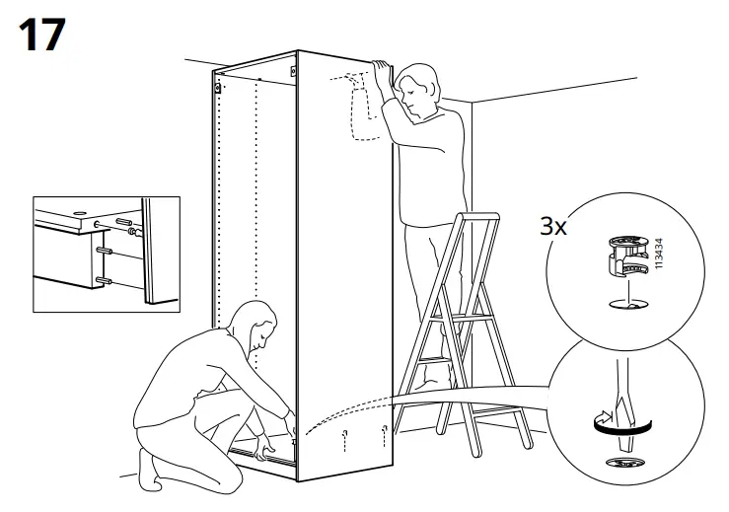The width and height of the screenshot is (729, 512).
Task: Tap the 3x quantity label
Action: click(x=554, y=226)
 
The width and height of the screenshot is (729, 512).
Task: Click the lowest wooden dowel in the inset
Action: click(x=102, y=280)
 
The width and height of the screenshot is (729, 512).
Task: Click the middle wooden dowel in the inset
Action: click(x=101, y=252)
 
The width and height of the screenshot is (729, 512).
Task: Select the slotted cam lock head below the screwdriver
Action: click(x=620, y=461)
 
